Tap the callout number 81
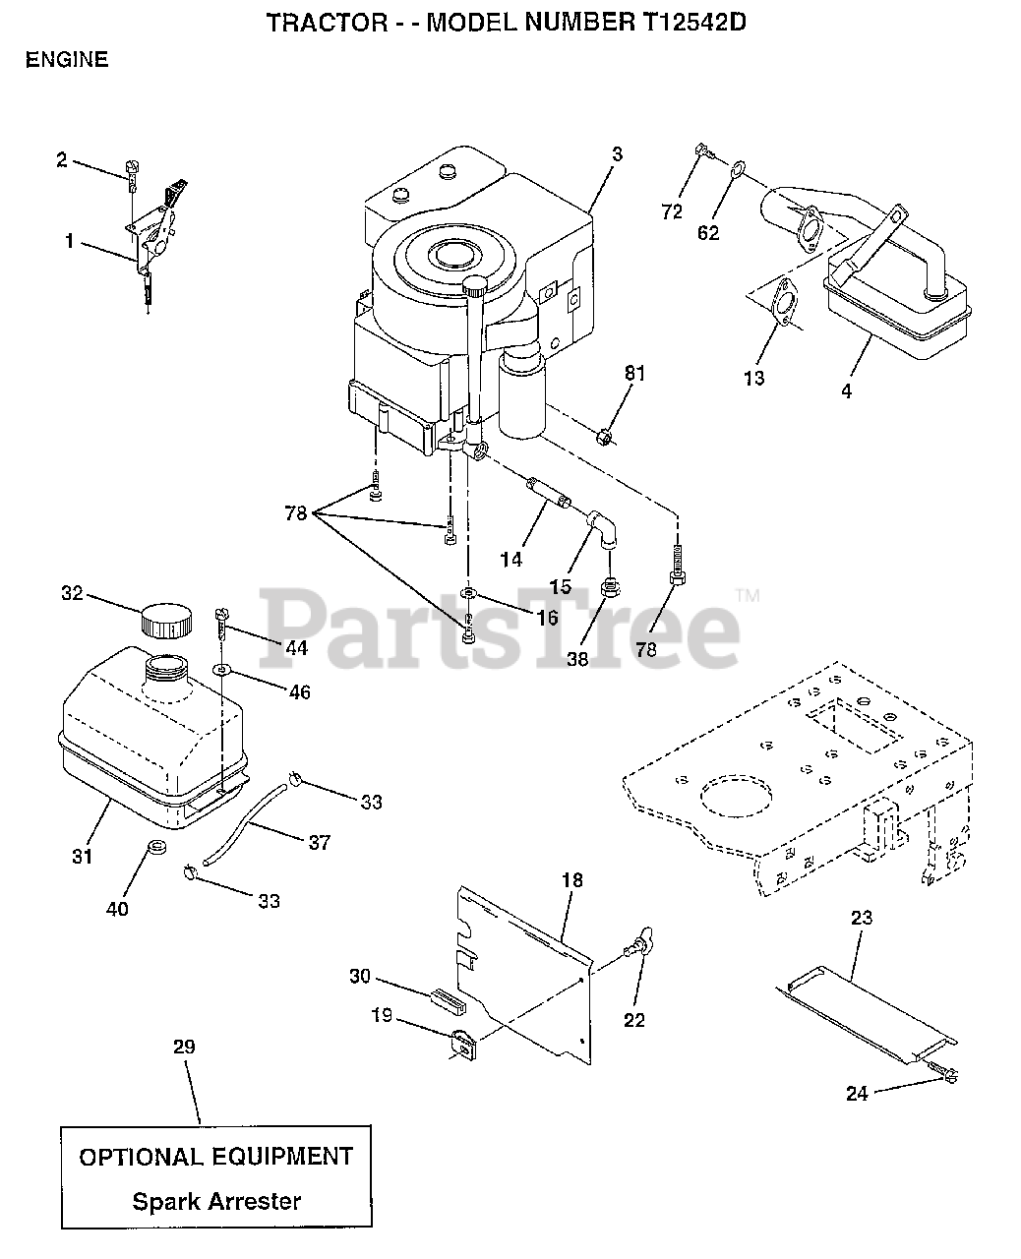pyautogui.click(x=635, y=373)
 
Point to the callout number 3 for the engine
pyautogui.click(x=617, y=154)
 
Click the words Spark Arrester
pyautogui.click(x=216, y=1201)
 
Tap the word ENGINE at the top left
pyautogui.click(x=67, y=59)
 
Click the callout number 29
pyautogui.click(x=184, y=1047)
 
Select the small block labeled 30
pyautogui.click(x=446, y=997)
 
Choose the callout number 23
pyautogui.click(x=862, y=918)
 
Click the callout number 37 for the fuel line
pyautogui.click(x=319, y=842)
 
